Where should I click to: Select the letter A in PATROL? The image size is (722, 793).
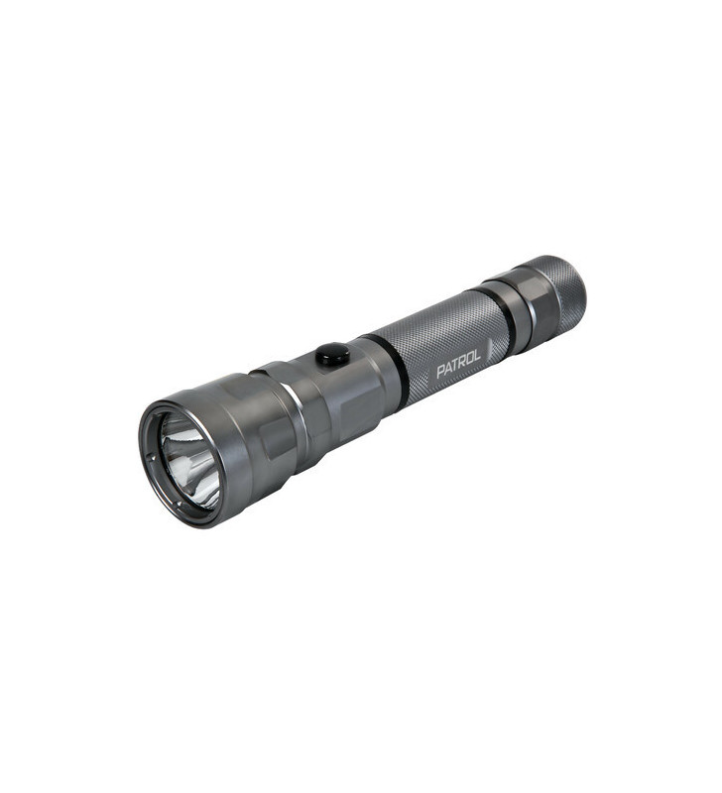click(448, 370)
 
